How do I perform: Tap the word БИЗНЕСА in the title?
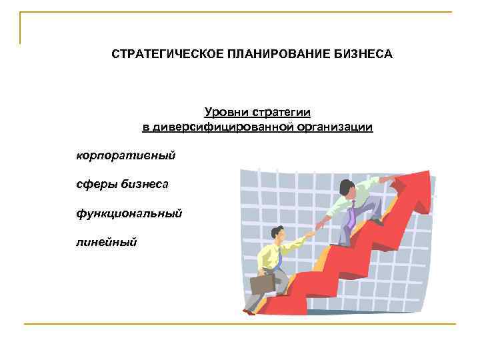tap(360, 53)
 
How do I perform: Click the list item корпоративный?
tap(126, 155)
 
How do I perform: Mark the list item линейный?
tap(106, 242)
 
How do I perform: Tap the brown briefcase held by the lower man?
tap(261, 283)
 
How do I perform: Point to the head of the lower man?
tap(277, 234)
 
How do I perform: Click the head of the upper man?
tap(346, 188)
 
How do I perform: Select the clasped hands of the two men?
tap(319, 226)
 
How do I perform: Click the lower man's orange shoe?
tap(249, 311)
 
